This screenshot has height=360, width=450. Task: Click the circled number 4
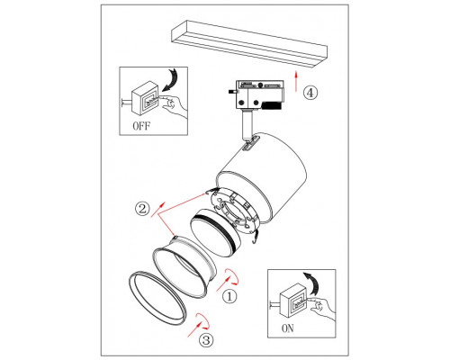pyautogui.click(x=310, y=93)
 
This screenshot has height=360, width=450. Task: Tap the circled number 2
pyautogui.click(x=142, y=208)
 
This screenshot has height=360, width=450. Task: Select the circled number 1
pyautogui.click(x=229, y=296)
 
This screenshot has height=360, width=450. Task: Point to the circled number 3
pyautogui.click(x=206, y=340)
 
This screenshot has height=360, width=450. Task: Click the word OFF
pyautogui.click(x=141, y=126)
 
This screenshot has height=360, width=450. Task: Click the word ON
pyautogui.click(x=288, y=328)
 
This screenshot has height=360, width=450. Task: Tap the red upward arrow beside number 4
pyautogui.click(x=296, y=81)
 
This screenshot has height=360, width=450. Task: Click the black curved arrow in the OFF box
pyautogui.click(x=170, y=79)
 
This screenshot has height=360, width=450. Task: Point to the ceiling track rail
pyautogui.click(x=249, y=43)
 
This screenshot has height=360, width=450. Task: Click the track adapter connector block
pyautogui.click(x=256, y=94)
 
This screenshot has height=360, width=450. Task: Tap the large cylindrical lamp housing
pyautogui.click(x=261, y=177)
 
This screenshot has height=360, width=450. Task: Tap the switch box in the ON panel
pyautogui.click(x=293, y=300)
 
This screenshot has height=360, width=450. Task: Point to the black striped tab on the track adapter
pyautogui.click(x=272, y=105)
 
